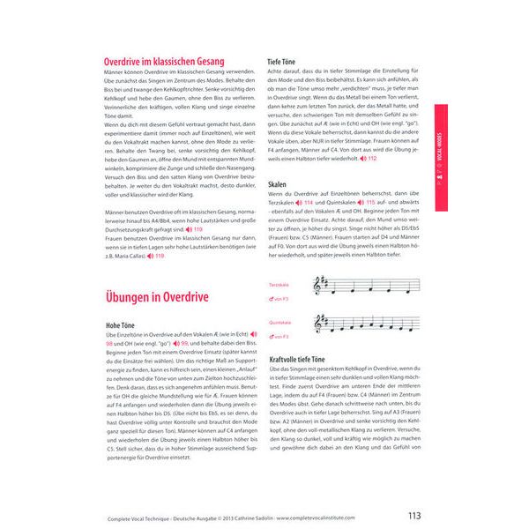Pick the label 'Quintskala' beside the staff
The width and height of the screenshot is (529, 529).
[x=280, y=323]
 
